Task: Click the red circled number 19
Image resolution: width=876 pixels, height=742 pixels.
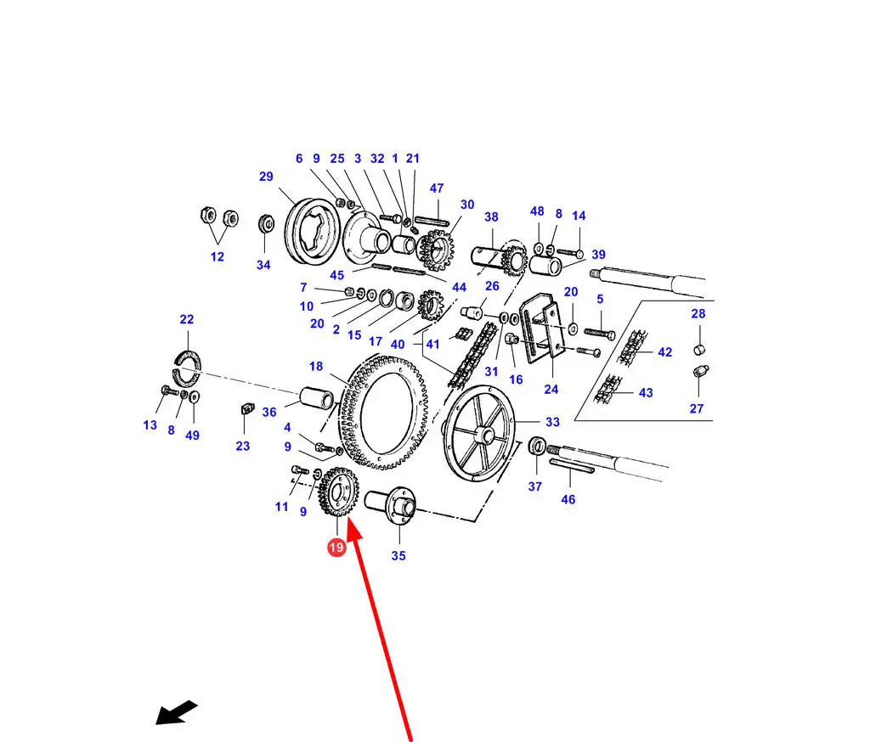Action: [x=336, y=548]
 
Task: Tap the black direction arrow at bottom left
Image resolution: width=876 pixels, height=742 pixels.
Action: [x=176, y=712]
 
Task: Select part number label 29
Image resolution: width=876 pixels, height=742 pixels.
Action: [x=266, y=177]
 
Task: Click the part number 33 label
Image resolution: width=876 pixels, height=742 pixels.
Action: [x=552, y=422]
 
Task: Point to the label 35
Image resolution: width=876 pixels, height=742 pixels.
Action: [x=398, y=556]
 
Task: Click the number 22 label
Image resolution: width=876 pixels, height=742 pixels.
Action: [x=187, y=319]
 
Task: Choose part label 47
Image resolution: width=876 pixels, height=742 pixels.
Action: [x=437, y=188]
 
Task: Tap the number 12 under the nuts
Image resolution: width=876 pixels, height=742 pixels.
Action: [x=218, y=256]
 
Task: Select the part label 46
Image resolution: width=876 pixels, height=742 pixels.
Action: [x=568, y=499]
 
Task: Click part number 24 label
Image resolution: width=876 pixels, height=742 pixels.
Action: [x=551, y=390]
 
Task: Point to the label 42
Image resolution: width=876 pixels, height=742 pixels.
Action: [x=664, y=351]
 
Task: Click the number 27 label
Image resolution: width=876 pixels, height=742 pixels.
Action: [x=697, y=408]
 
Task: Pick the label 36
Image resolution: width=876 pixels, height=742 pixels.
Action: [x=269, y=412]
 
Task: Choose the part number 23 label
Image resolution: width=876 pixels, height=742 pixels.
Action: [x=243, y=446]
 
